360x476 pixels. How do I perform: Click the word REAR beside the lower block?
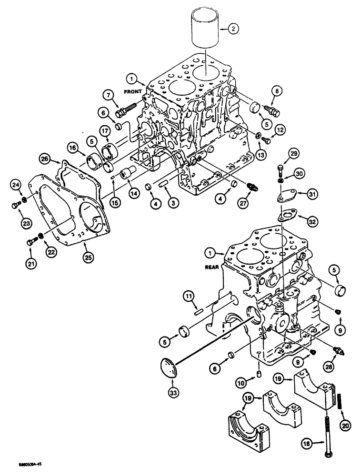pyautogui.click(x=212, y=267)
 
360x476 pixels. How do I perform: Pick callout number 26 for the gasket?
pyautogui.click(x=58, y=159)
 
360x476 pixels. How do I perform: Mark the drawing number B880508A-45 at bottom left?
pyautogui.click(x=20, y=468)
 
